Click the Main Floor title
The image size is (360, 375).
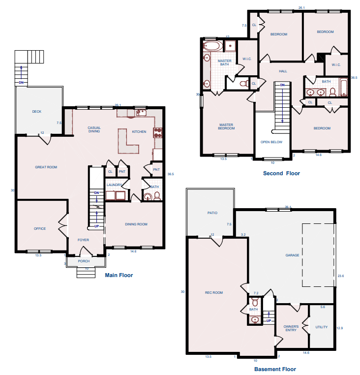(x=119, y=275)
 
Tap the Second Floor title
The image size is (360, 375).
(x=281, y=173)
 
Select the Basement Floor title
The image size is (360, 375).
(x=275, y=369)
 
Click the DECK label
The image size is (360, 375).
(x=37, y=111)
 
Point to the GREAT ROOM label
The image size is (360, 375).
(x=46, y=167)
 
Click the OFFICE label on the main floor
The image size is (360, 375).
(x=40, y=229)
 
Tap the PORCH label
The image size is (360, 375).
(x=84, y=261)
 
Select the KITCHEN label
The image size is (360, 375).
(x=139, y=132)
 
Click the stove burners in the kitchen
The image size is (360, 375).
(x=158, y=133)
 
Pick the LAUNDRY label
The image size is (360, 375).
(x=114, y=185)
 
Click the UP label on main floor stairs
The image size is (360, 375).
(x=96, y=226)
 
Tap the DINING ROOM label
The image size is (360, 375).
(x=136, y=224)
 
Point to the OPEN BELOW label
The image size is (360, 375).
(x=271, y=142)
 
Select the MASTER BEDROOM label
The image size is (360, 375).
(x=226, y=126)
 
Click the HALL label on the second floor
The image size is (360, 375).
(x=283, y=71)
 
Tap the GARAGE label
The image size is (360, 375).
(x=292, y=255)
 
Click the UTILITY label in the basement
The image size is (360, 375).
(x=322, y=327)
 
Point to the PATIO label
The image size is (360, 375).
(x=212, y=213)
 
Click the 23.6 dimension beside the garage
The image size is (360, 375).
(x=341, y=276)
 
